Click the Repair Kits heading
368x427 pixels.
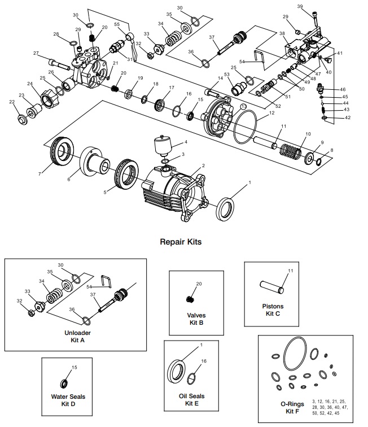pos(181,241)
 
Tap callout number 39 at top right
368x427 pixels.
pos(316,6)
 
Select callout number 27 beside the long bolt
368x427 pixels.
pos(36,53)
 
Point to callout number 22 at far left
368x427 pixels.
pos(12,102)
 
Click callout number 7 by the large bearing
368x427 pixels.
pos(39,173)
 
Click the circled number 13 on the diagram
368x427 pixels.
pos(243,106)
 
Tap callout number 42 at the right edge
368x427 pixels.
pos(347,117)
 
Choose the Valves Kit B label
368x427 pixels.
pos(196,319)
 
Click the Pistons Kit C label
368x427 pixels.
pos(273,310)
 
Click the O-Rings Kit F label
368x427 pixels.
pos(290,408)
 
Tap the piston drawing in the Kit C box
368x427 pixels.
pos(273,285)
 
